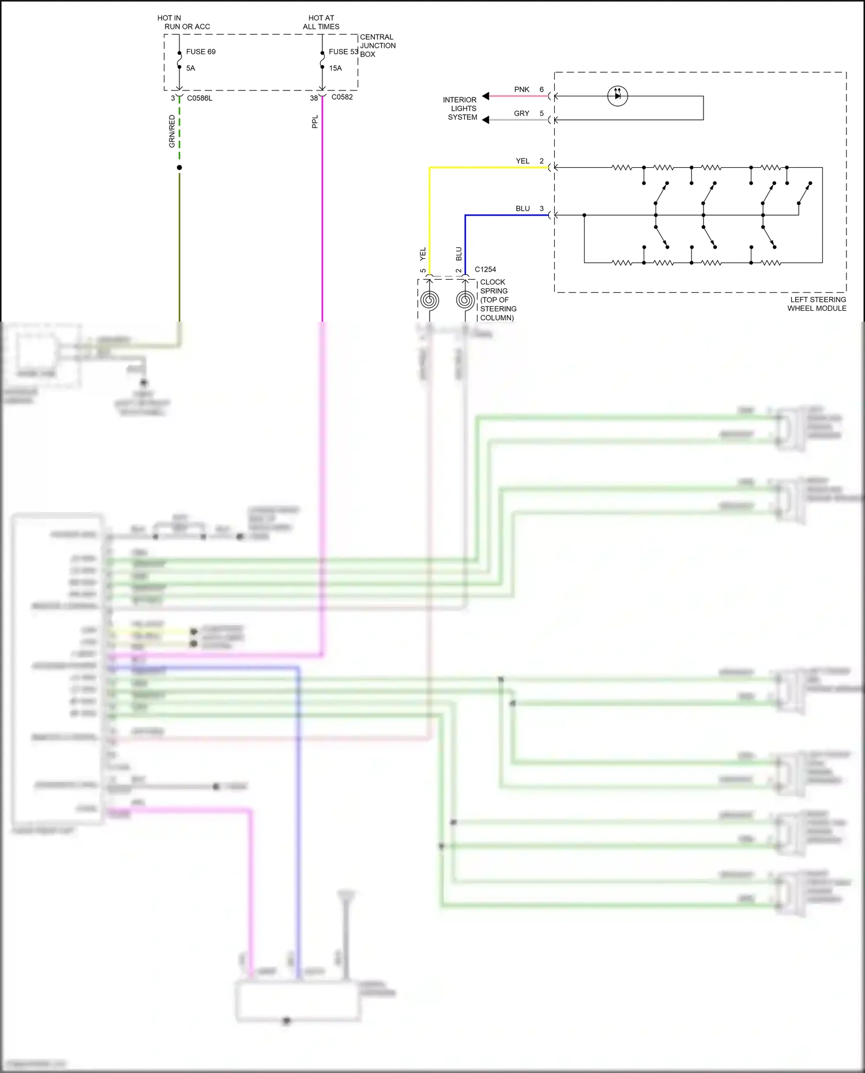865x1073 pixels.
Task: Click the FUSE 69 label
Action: pyautogui.click(x=201, y=52)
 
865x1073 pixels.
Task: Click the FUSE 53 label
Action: pyautogui.click(x=343, y=52)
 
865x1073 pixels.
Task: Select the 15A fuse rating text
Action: pyautogui.click(x=336, y=68)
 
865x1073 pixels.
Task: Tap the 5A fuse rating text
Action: pyautogui.click(x=190, y=68)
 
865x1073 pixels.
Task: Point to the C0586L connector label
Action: pyautogui.click(x=200, y=98)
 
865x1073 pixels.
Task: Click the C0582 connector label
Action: pyautogui.click(x=342, y=97)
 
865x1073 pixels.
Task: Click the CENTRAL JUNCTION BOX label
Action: pyautogui.click(x=378, y=46)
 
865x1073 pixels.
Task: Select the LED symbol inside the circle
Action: pyautogui.click(x=618, y=96)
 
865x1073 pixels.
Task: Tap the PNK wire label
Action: pyautogui.click(x=521, y=89)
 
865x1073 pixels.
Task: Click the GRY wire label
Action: pyautogui.click(x=521, y=114)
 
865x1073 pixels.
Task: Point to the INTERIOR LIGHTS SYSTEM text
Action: pyautogui.click(x=461, y=108)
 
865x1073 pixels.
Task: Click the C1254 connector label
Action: pyautogui.click(x=485, y=269)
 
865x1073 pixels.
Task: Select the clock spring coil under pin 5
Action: pyautogui.click(x=429, y=300)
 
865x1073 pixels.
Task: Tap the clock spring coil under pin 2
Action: pyautogui.click(x=465, y=300)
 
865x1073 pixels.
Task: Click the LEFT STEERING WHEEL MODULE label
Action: pyautogui.click(x=817, y=304)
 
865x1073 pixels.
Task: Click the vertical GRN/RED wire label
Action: pyautogui.click(x=172, y=131)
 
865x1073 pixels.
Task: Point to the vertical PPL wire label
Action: pyautogui.click(x=315, y=122)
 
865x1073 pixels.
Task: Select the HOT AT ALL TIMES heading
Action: pyautogui.click(x=321, y=22)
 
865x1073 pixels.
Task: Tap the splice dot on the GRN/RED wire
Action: pyautogui.click(x=179, y=167)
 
